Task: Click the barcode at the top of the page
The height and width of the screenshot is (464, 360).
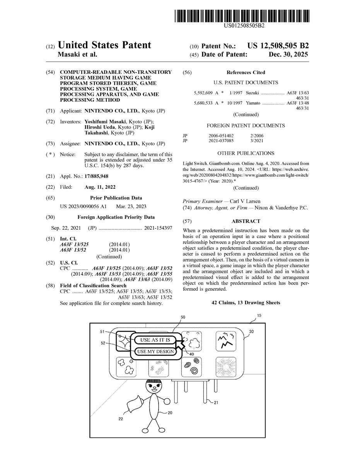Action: [x=242, y=16]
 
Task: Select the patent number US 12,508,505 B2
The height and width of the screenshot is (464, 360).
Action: [x=278, y=46]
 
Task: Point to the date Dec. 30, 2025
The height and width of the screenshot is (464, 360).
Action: [x=288, y=55]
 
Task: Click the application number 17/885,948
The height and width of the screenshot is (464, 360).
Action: [x=97, y=176]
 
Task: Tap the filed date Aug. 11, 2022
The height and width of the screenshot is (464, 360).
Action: [x=100, y=187]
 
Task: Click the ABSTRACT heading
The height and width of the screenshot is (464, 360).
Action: [x=246, y=221]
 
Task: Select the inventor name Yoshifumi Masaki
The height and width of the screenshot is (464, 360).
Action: [x=105, y=122]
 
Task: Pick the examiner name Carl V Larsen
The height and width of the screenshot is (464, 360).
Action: [x=245, y=201]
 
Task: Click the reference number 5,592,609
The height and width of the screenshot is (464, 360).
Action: [x=203, y=93]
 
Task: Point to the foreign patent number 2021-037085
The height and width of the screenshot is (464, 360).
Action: [x=221, y=141]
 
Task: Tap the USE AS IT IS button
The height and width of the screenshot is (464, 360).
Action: [x=155, y=340]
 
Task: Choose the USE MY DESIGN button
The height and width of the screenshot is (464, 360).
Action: [x=155, y=351]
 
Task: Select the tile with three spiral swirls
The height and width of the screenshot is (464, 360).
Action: [x=191, y=367]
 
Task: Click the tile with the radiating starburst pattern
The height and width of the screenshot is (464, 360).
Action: [x=226, y=367]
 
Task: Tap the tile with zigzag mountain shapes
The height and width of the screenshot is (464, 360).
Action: [x=226, y=341]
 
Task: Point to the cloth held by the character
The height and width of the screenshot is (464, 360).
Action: [x=135, y=404]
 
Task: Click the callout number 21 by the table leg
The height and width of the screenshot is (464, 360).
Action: [x=216, y=403]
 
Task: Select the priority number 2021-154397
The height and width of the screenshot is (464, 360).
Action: [x=158, y=228]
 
